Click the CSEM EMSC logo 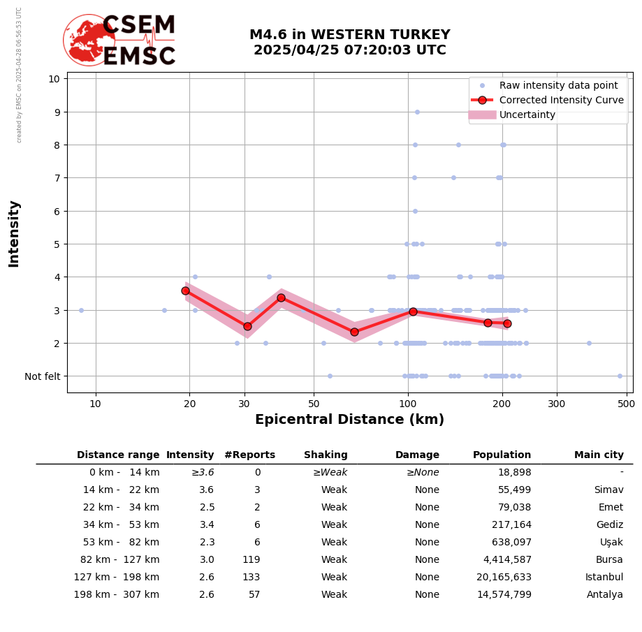click(120, 41)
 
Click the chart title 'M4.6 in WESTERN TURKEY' click(349, 35)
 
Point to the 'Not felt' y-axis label click(43, 376)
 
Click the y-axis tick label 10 click(54, 78)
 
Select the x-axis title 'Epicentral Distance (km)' click(349, 420)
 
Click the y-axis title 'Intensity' click(14, 233)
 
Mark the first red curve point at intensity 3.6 click(185, 291)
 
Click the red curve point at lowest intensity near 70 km click(354, 332)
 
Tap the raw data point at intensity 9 click(417, 112)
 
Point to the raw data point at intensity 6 click(415, 211)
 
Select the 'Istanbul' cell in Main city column click(604, 578)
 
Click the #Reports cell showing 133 click(251, 578)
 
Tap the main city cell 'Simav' click(608, 490)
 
